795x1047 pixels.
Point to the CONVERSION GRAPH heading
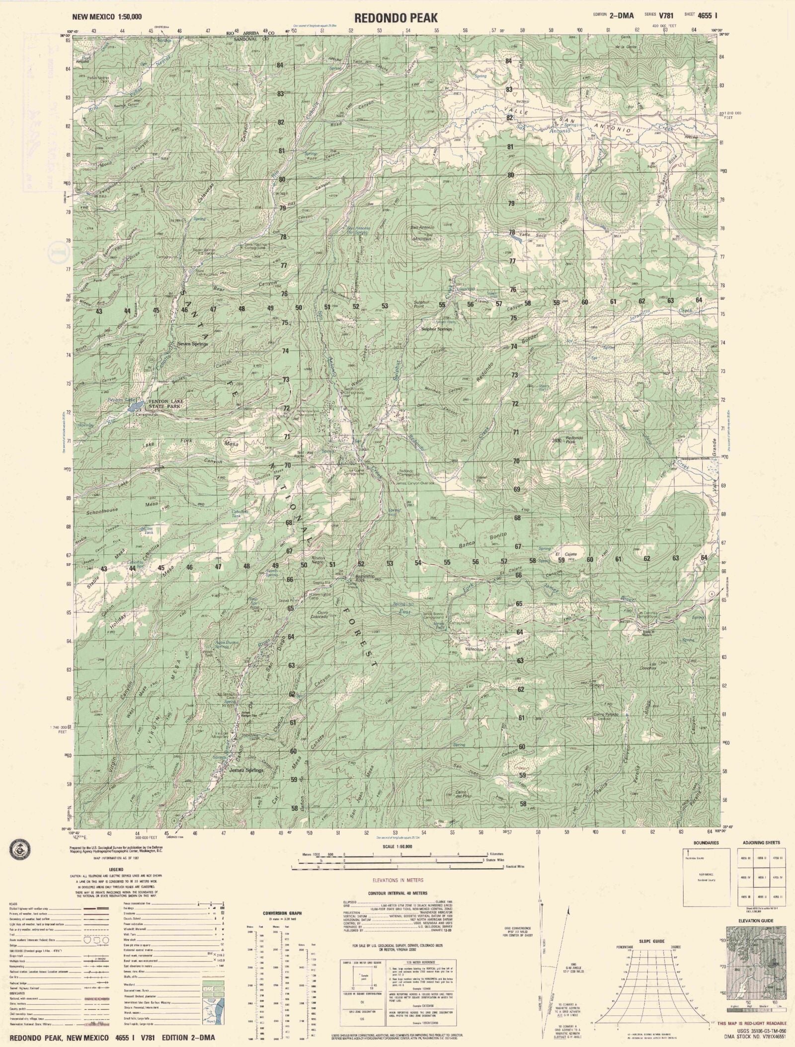(282, 913)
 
